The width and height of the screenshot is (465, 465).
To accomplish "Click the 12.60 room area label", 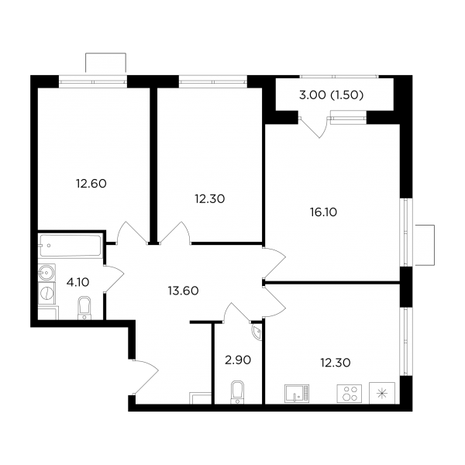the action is coord(91,184).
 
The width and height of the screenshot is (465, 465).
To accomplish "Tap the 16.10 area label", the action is coord(323,212).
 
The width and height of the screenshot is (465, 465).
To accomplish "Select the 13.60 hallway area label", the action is coord(183,291).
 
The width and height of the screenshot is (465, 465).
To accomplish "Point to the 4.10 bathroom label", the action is coord(77,282).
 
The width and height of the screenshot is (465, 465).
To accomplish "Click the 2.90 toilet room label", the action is coord(238,360).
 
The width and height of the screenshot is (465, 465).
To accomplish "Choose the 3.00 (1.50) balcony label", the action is coord(331,95).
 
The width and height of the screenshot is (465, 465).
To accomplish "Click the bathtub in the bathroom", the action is coord(71,246).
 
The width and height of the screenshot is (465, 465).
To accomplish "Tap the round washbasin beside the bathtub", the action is coord(46,272).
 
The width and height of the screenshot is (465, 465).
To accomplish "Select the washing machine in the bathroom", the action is coord(46,293).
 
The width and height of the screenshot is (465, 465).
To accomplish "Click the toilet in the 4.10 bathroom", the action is coord(84,308).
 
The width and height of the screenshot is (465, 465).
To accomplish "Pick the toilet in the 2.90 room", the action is coord(237,392).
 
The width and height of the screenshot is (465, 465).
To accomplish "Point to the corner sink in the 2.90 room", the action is coord(257,332).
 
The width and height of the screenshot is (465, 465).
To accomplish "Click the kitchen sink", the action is coord(297,394).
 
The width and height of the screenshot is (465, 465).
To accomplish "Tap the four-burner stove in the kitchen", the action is coord(350,394).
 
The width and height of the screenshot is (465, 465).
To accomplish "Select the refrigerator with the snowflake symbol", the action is coord(382,393).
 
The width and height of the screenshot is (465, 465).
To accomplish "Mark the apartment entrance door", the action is coord(146,377).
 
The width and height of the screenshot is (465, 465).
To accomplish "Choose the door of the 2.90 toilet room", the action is coord(236,312).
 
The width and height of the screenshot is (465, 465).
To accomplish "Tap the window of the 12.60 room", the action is coord(93,81).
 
